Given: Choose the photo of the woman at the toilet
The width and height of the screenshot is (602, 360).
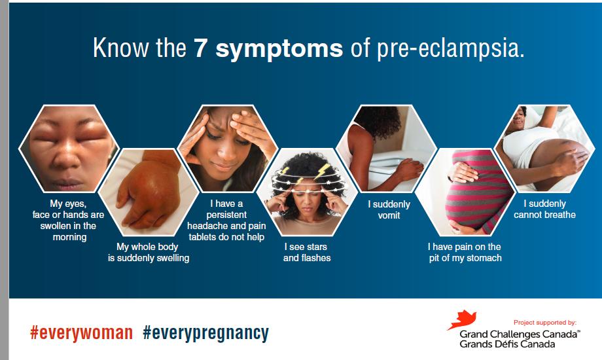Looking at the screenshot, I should (x=385, y=147).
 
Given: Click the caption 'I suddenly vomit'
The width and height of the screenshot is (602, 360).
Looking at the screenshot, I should (x=389, y=209).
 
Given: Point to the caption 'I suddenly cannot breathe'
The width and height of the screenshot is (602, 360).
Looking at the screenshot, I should (x=544, y=209).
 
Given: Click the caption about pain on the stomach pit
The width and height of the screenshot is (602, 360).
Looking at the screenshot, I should (x=465, y=252).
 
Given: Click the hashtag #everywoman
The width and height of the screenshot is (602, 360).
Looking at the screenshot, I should (x=81, y=333).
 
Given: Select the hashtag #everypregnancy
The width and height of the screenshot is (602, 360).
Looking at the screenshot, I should (x=205, y=333).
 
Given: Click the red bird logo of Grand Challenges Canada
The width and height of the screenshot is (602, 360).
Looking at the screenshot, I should (x=460, y=320).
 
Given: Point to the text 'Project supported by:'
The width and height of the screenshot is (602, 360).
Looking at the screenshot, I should (x=544, y=323).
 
